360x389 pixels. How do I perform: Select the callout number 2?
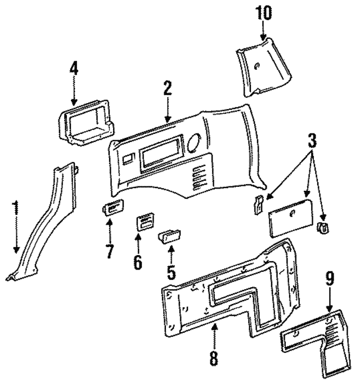point(167,89)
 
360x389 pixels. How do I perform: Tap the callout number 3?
point(312,141)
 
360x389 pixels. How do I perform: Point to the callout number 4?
point(74,69)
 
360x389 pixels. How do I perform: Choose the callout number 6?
point(138,262)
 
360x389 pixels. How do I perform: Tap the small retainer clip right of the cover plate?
point(323,228)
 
